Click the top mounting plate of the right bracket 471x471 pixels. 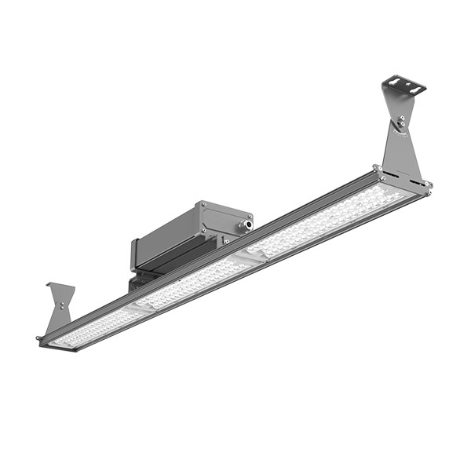[403, 85]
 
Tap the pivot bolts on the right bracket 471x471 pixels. [401, 120]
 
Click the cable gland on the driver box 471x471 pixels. [246, 225]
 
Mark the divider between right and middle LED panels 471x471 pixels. [250, 257]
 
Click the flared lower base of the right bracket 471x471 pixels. [401, 161]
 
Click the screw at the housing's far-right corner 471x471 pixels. [429, 184]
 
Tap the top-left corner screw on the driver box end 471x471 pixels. [203, 206]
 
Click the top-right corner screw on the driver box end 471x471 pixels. [250, 214]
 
